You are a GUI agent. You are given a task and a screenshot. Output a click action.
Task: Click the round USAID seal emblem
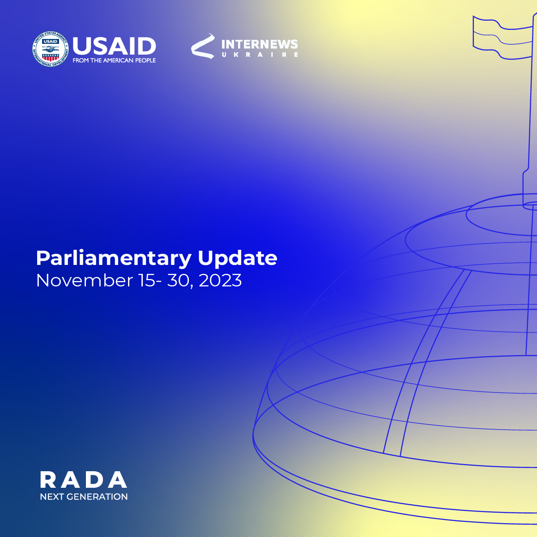pos(50,49)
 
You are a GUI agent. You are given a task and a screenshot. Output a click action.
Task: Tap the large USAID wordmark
pos(114,46)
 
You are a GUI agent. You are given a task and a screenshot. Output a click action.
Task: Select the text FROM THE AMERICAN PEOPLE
pos(114,60)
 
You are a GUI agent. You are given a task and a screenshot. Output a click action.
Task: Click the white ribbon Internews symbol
pos(203,46)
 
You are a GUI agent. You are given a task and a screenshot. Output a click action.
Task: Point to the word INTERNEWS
pos(260,45)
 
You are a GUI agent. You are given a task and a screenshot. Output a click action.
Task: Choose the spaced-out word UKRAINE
pos(260,55)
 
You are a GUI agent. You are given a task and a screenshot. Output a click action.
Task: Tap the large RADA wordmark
pos(84,480)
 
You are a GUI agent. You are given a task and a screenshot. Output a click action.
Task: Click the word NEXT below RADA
pos(52,497)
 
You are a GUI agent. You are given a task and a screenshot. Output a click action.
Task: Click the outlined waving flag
pos(503,37)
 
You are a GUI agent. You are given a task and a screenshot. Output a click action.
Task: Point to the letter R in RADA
pos(48,480)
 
